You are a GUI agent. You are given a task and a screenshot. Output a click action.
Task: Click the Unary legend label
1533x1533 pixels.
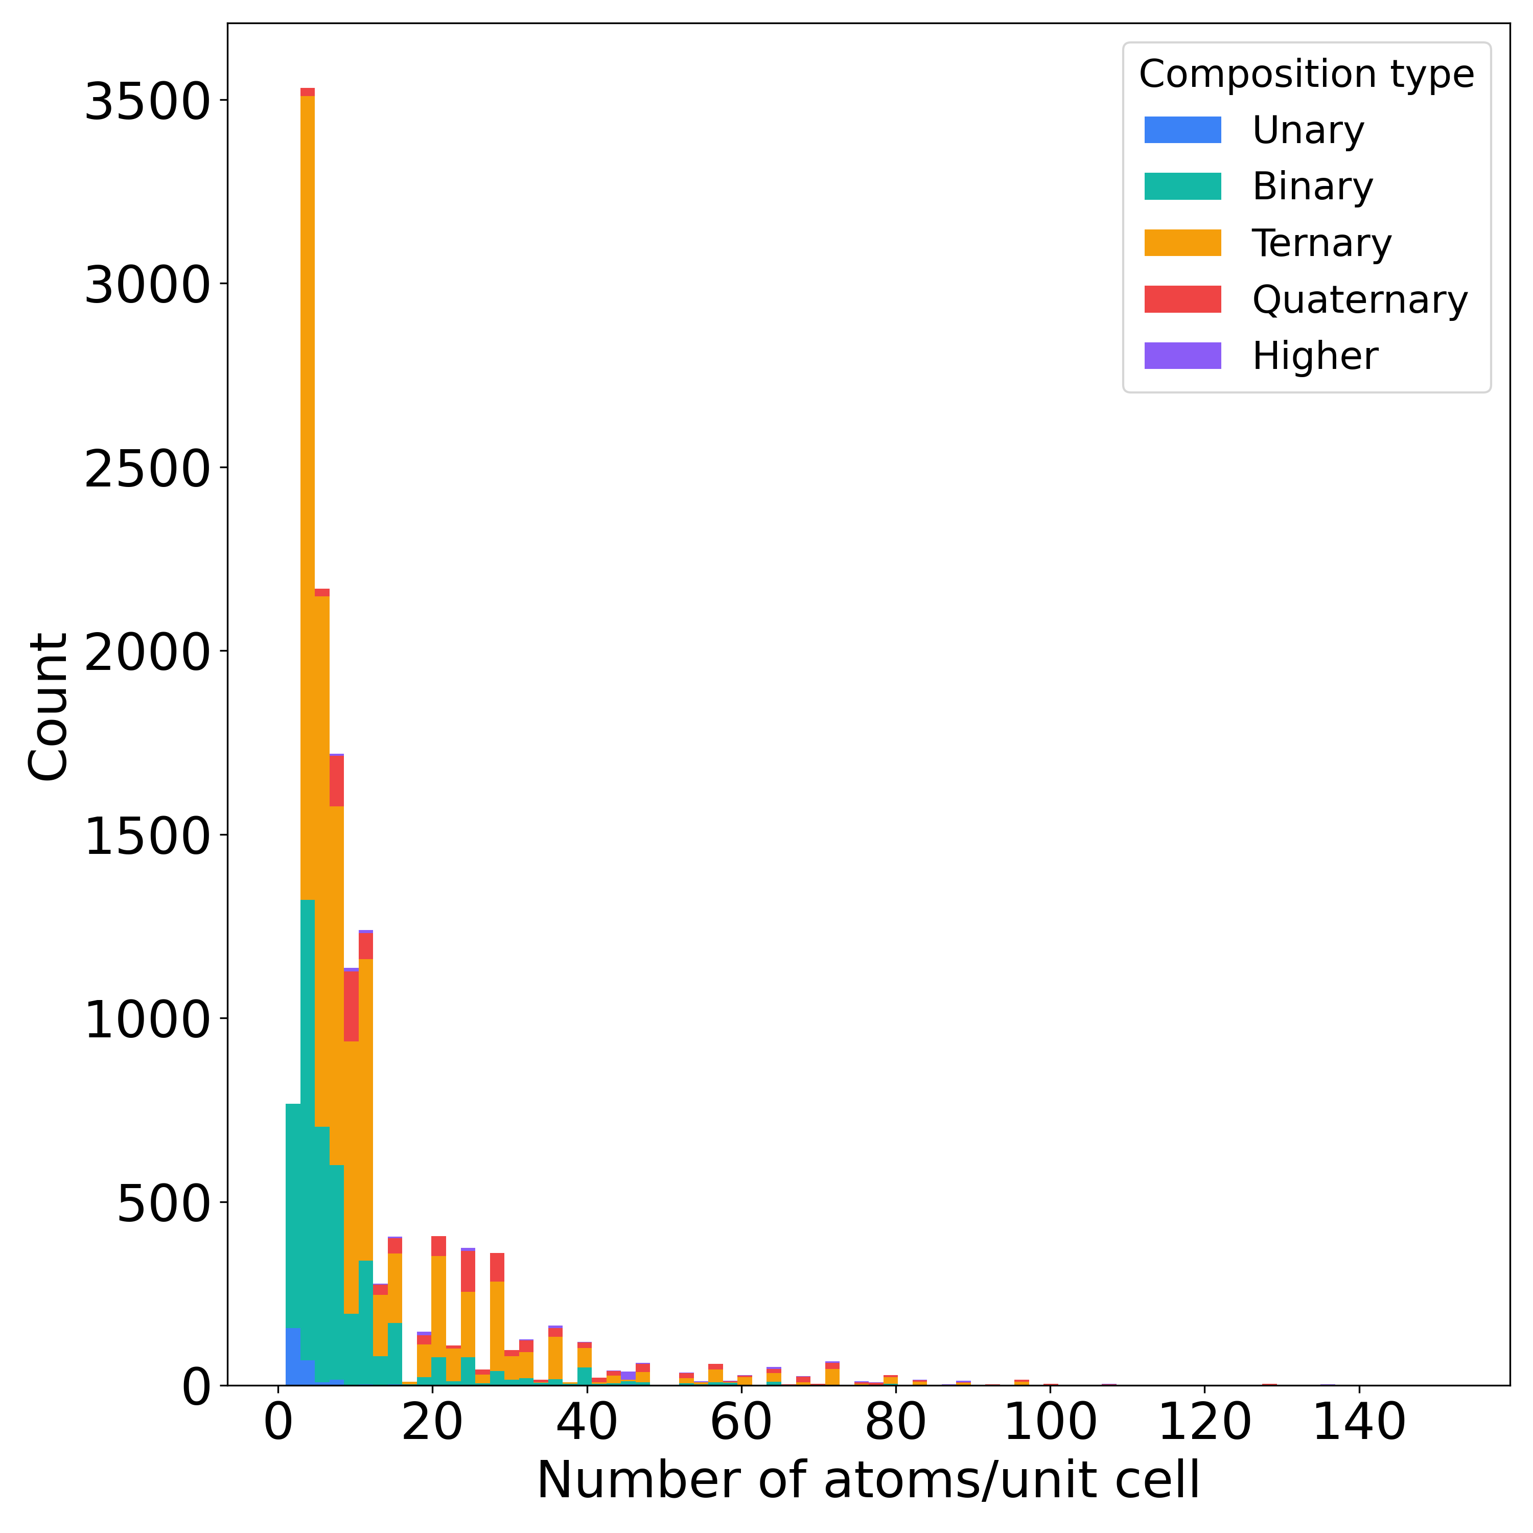pyautogui.click(x=1308, y=130)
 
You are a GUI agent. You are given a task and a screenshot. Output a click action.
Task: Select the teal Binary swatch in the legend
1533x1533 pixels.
pyautogui.click(x=1182, y=187)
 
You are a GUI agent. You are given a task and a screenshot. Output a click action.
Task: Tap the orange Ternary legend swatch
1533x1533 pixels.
pyautogui.click(x=1182, y=243)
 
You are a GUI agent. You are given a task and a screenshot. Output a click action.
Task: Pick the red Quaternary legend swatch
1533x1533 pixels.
pyautogui.click(x=1182, y=299)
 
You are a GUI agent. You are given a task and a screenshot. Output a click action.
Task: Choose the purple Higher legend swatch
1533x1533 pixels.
pyautogui.click(x=1182, y=356)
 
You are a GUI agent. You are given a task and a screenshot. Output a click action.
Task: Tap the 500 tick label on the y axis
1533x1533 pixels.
pyautogui.click(x=162, y=1204)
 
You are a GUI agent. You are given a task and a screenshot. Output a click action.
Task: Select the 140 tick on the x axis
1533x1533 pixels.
pyautogui.click(x=1360, y=1422)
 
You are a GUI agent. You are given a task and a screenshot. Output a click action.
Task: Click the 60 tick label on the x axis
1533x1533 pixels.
pyautogui.click(x=741, y=1422)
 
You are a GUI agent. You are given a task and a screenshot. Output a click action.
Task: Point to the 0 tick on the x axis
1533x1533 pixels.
pyautogui.click(x=278, y=1422)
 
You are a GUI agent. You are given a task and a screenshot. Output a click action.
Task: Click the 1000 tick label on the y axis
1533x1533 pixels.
pyautogui.click(x=147, y=1020)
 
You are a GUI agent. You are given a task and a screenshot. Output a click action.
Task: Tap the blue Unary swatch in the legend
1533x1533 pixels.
pyautogui.click(x=1182, y=130)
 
